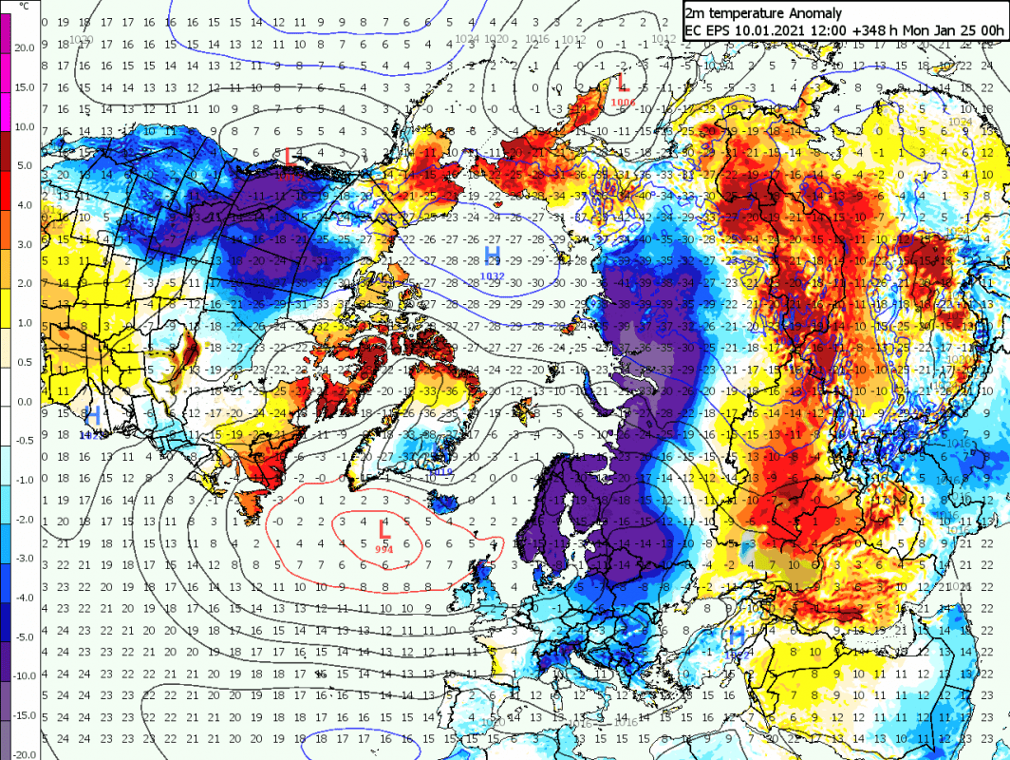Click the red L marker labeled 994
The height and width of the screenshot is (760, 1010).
383,529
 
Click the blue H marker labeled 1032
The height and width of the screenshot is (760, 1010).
492,255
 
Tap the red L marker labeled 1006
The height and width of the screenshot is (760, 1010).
622,83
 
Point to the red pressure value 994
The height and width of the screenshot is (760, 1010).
383,549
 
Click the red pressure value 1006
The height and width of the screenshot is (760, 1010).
624,102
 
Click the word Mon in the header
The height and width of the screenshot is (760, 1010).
913,30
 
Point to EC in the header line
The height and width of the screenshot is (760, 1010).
694,30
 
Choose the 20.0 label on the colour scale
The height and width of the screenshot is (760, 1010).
24,47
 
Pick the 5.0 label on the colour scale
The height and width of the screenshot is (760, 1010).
24,165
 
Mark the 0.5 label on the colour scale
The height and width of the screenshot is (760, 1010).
24,361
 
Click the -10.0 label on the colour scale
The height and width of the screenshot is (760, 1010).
22,675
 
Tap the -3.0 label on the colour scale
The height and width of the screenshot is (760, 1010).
24,558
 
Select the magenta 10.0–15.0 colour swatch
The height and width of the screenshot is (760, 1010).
6,106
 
